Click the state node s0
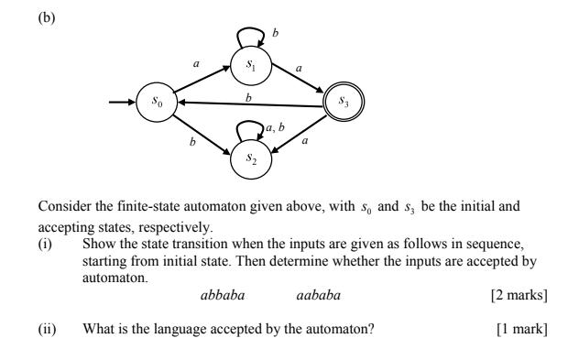[155, 101]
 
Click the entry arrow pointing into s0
[121, 101]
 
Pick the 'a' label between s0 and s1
[195, 63]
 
